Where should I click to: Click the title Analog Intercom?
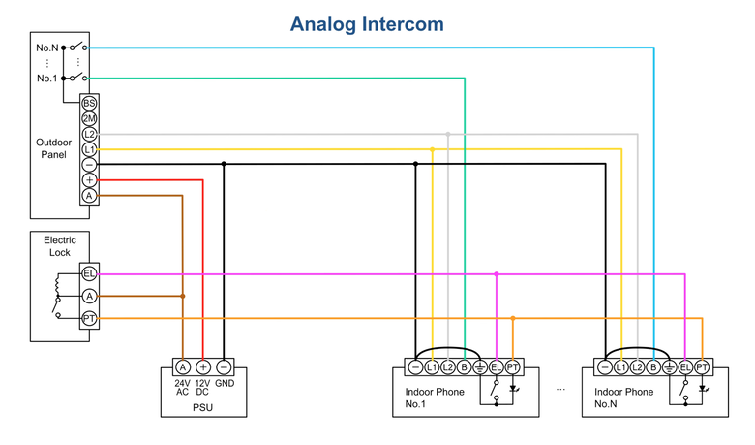[x=367, y=24]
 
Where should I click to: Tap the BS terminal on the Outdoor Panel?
[x=89, y=103]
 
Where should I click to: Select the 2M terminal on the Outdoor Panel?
[x=89, y=118]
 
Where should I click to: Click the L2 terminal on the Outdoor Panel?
[x=89, y=134]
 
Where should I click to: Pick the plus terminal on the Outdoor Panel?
[x=89, y=180]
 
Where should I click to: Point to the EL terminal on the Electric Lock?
[x=89, y=273]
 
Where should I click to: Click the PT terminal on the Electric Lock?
[x=89, y=319]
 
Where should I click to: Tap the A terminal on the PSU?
[x=183, y=367]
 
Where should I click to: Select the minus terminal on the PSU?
[x=224, y=367]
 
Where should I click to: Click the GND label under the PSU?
[x=225, y=383]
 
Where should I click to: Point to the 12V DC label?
[x=202, y=388]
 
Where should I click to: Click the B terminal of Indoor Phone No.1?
[x=464, y=367]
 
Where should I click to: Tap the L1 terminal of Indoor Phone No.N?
[x=621, y=367]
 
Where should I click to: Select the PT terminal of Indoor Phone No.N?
[x=702, y=367]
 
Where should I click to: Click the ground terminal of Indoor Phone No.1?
[x=479, y=367]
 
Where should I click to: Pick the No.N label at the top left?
[x=47, y=48]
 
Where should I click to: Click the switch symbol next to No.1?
[x=75, y=78]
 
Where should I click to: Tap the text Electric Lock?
[x=60, y=246]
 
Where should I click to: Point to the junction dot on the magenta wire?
[x=497, y=273]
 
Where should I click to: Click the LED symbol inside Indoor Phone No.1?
[x=513, y=388]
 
